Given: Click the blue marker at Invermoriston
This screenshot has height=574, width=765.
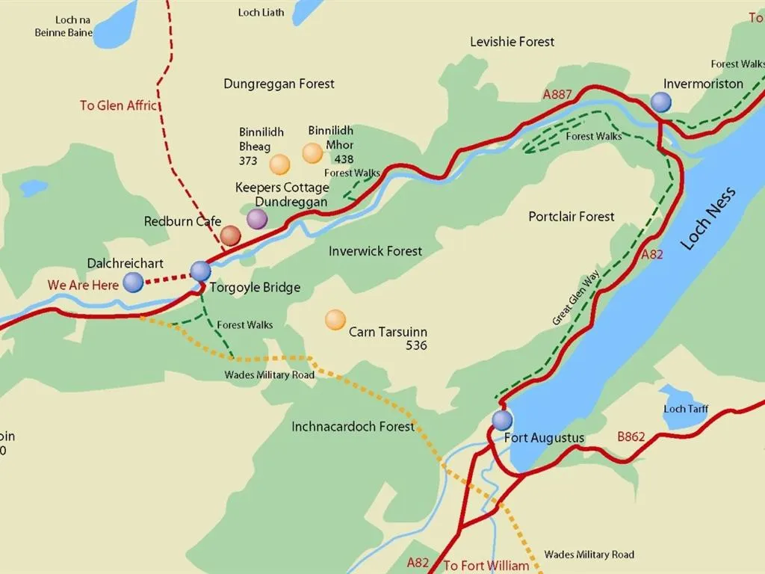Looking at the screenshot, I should (x=660, y=102).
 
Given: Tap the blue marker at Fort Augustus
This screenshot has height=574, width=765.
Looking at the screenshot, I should (x=502, y=420).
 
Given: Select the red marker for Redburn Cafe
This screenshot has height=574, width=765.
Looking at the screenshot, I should (x=231, y=236).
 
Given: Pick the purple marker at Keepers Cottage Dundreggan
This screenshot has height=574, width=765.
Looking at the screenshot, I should (x=257, y=219).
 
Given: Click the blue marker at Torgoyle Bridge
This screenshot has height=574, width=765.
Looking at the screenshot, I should (x=200, y=271).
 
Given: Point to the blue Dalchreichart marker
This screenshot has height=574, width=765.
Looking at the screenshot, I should (x=133, y=282).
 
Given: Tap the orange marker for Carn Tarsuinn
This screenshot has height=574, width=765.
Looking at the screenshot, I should (x=335, y=320).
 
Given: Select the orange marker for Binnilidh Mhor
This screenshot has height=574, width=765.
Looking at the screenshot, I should (x=312, y=153).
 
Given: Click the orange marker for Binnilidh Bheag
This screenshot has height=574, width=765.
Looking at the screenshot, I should (x=279, y=164).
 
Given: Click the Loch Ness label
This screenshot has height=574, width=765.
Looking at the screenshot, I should (x=708, y=218).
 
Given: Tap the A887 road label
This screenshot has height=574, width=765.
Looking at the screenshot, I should (x=557, y=94).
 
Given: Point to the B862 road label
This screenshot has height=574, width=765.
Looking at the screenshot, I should (x=631, y=436).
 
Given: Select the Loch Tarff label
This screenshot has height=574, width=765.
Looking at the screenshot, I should (x=686, y=409).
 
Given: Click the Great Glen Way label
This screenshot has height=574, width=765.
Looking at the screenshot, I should (x=576, y=299).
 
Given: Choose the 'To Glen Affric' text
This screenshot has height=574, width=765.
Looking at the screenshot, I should (x=119, y=105).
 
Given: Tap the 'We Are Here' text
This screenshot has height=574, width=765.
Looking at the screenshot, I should (x=83, y=285).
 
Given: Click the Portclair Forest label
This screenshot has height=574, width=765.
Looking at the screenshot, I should (x=572, y=217).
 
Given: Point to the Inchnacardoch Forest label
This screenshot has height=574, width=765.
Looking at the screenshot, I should (x=353, y=427).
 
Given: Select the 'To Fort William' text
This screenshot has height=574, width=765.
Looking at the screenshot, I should (x=486, y=566).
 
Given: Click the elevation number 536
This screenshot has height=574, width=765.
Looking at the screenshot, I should (x=416, y=345).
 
